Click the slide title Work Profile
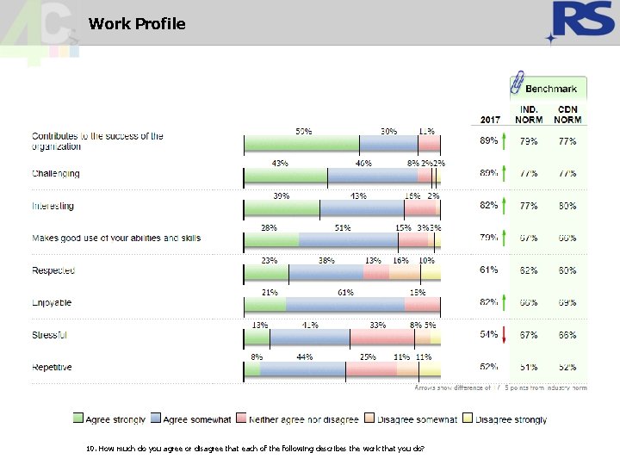point(137,24)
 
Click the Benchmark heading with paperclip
point(549,88)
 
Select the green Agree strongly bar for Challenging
point(286,176)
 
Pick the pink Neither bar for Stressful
point(378,337)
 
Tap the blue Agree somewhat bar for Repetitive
point(303,369)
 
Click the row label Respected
point(53,270)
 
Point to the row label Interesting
point(53,206)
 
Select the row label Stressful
point(50,335)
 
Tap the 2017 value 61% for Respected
point(489,270)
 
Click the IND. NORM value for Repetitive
point(529,367)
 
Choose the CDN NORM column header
point(567,115)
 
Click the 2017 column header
point(490,119)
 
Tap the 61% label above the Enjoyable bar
point(346,292)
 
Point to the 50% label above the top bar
point(304,131)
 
